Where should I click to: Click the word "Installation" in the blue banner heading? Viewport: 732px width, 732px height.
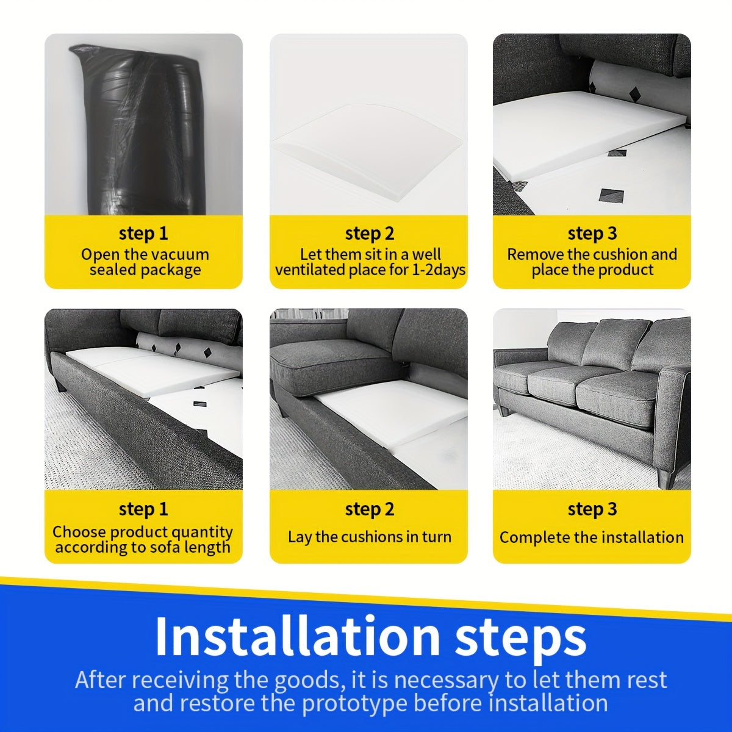coord(297,636)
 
